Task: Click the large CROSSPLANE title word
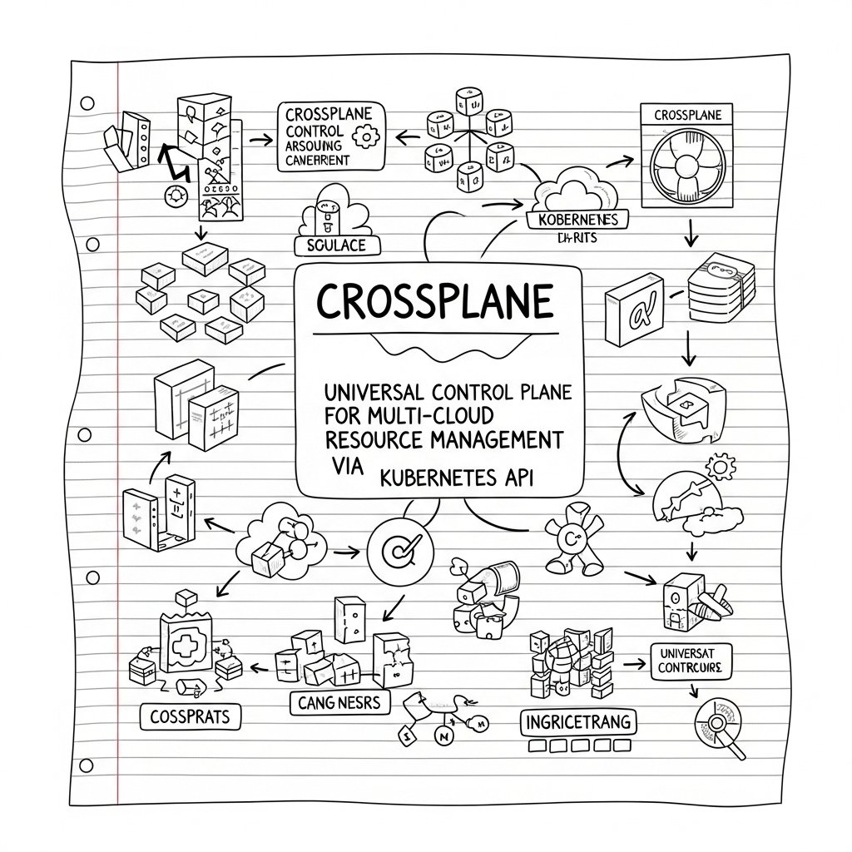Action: (x=434, y=302)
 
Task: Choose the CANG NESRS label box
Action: (x=338, y=702)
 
